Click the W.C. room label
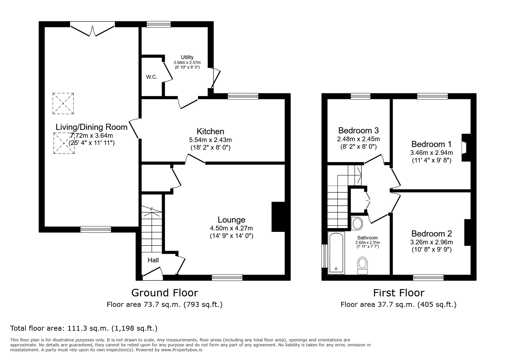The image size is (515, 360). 152,77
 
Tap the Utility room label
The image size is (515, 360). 187,57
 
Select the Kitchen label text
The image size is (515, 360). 210,131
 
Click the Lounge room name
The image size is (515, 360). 231,220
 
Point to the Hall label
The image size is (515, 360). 153,260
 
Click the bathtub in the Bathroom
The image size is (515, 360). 336,253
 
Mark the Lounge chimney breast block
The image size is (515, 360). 278,217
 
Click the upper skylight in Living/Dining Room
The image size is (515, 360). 63,103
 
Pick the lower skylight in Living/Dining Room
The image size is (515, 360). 64,143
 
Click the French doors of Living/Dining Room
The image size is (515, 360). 92,30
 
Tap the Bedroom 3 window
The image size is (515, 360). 361,96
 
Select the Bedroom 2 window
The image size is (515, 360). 428,277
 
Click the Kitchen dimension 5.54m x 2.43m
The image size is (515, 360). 210,140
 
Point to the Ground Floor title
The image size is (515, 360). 165,293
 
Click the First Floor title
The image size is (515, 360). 399,293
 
